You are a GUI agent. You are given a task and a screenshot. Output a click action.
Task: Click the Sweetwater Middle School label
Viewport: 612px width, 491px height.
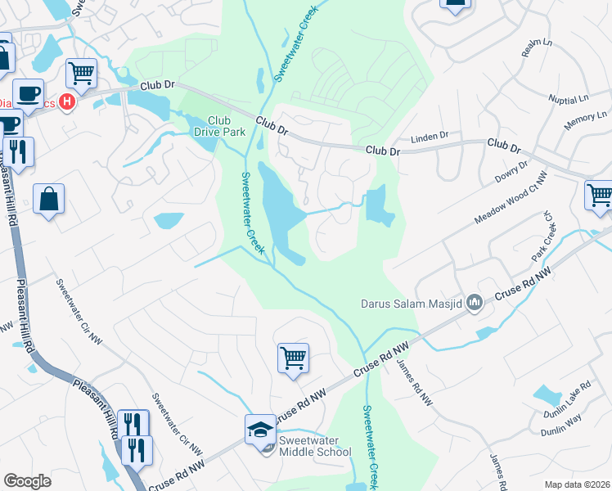[315, 446]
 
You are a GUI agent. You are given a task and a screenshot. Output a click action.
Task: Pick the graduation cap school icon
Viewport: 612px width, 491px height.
[260, 430]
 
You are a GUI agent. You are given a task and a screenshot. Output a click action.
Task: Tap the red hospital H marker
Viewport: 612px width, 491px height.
[69, 102]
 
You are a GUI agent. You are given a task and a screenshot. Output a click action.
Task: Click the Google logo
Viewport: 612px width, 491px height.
[28, 481]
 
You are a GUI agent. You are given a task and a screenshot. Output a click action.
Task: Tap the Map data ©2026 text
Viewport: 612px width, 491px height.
[577, 484]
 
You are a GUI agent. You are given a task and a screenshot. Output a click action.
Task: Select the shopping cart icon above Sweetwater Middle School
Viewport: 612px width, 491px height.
[293, 358]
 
